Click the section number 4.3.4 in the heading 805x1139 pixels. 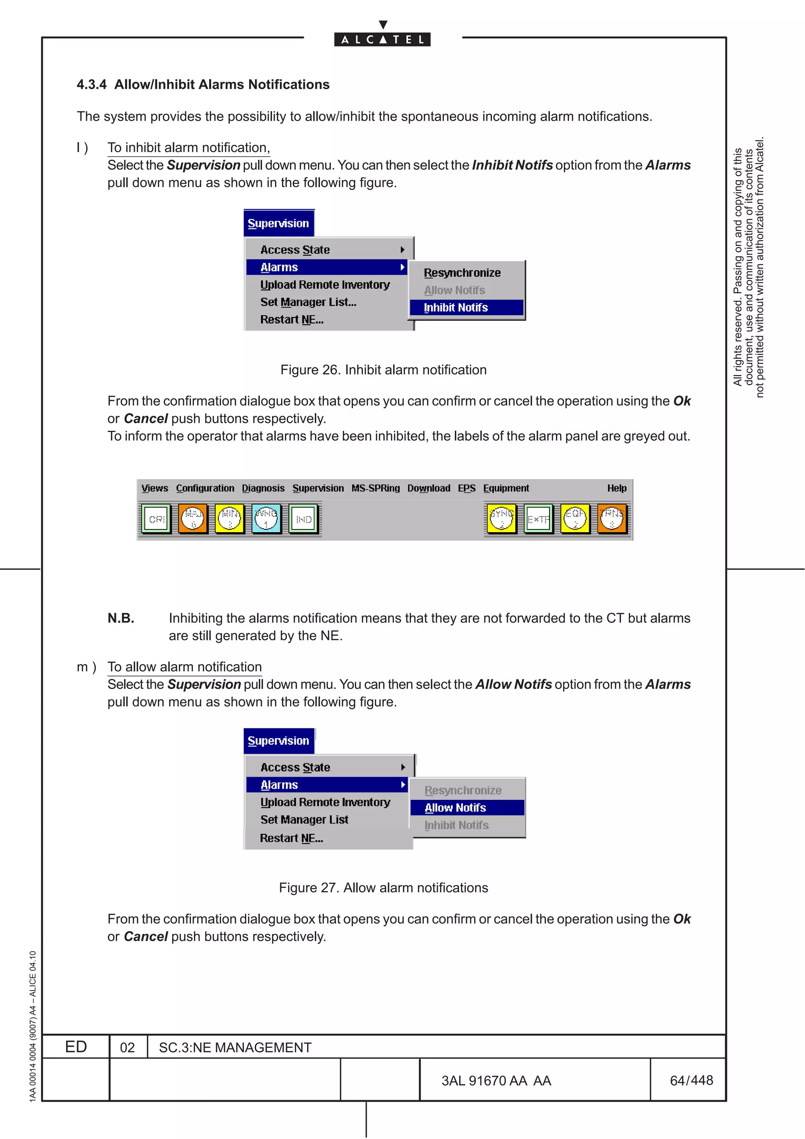[91, 85]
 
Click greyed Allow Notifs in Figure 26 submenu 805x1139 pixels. [454, 290]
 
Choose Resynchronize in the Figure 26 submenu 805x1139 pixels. [462, 273]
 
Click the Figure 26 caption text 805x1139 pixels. [383, 370]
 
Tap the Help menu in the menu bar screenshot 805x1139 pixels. [616, 488]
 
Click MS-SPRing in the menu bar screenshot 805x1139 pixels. [375, 488]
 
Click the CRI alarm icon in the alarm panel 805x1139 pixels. [156, 519]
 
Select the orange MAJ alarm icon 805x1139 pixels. [193, 519]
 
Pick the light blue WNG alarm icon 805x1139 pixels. [266, 519]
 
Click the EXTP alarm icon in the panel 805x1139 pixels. [538, 519]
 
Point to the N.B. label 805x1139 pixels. [121, 619]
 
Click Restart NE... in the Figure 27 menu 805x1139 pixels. [291, 838]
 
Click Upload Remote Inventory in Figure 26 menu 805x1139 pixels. [325, 285]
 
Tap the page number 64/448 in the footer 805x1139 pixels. [691, 1080]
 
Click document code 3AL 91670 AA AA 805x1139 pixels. [496, 1081]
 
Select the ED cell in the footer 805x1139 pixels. [76, 1047]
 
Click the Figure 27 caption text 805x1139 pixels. [383, 888]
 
